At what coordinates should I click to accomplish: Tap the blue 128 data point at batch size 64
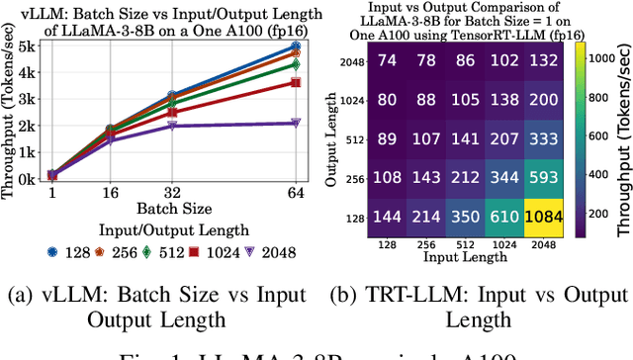click(x=294, y=46)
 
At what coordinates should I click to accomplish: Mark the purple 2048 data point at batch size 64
click(x=294, y=123)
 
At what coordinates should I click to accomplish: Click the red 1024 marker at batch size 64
click(x=294, y=83)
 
